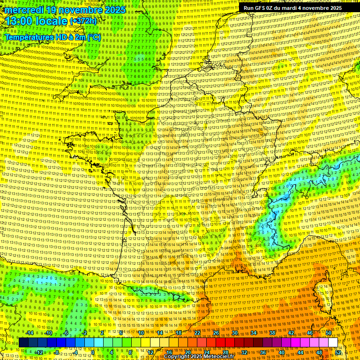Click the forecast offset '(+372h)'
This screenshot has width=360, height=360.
(x=83, y=21)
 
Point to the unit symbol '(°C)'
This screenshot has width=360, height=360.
(x=93, y=37)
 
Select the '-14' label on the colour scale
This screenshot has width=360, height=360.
(x=29, y=333)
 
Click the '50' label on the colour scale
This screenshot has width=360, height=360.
(x=329, y=333)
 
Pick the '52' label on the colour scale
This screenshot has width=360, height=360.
(x=338, y=352)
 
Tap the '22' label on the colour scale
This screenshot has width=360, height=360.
(x=197, y=333)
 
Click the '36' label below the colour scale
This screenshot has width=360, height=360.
(x=263, y=352)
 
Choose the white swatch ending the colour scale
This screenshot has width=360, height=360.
(x=333, y=343)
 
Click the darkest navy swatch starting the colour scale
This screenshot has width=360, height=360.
(x=24, y=343)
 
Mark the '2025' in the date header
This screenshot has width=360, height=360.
(x=115, y=10)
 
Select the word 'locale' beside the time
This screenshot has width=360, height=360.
(x=52, y=21)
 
